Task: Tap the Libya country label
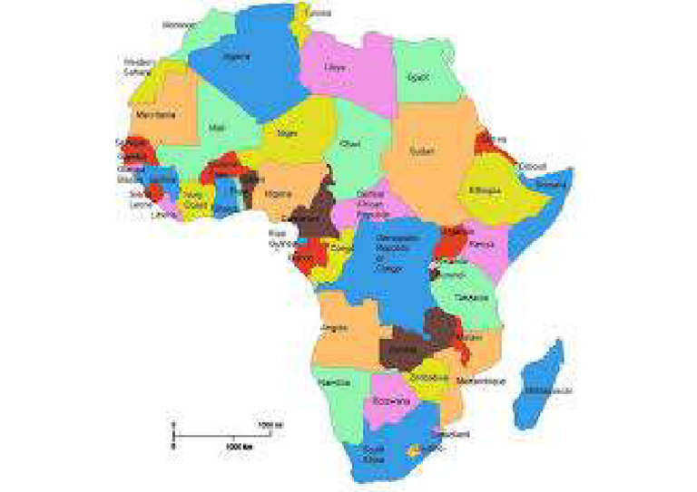pyautogui.click(x=335, y=67)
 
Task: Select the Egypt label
pyautogui.click(x=418, y=79)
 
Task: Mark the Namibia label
pyautogui.click(x=335, y=383)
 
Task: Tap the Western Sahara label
pyautogui.click(x=139, y=67)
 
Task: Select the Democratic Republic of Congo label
pyautogui.click(x=388, y=256)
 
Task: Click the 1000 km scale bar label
pyautogui.click(x=238, y=447)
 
